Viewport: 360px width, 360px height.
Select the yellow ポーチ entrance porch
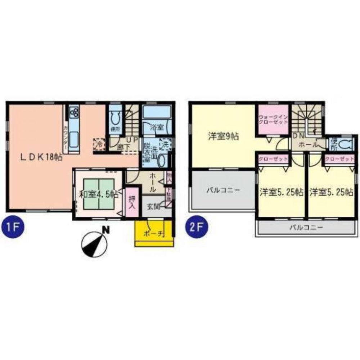tap(154, 233)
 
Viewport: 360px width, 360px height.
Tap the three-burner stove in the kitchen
tap(75, 113)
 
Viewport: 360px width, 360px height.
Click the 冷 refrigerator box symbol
tap(99, 143)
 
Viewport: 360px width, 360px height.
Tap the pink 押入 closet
tap(132, 203)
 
